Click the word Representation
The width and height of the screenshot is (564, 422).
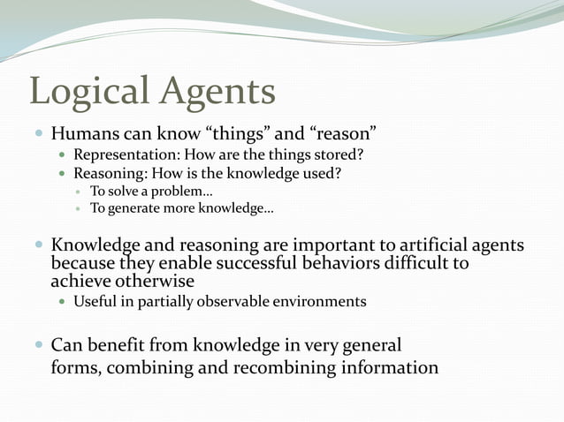point(125,154)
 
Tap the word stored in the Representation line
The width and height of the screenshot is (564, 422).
point(334,154)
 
